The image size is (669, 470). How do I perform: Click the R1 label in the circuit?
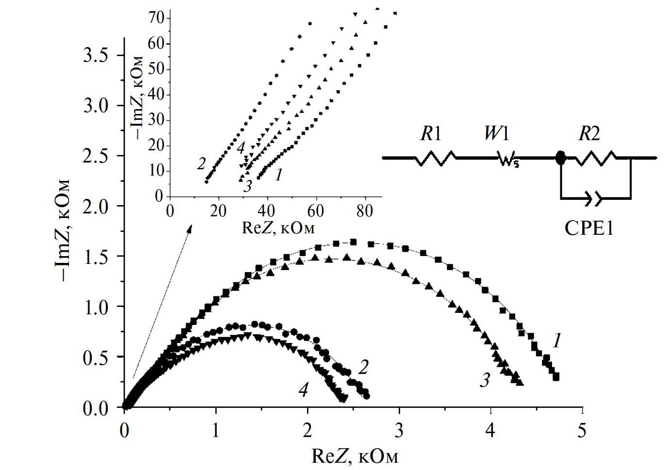431,133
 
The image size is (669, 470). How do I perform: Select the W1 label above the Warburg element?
496,133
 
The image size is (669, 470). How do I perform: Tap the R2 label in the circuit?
588,133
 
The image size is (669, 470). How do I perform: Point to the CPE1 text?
588,227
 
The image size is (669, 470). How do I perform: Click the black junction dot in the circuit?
560,158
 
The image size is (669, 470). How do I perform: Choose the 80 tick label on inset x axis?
364,211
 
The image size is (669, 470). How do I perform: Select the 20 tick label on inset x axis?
219,211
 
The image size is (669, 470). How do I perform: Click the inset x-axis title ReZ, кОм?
278,227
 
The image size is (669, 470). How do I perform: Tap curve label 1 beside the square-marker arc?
557,341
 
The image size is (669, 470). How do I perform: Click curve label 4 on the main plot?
304,389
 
